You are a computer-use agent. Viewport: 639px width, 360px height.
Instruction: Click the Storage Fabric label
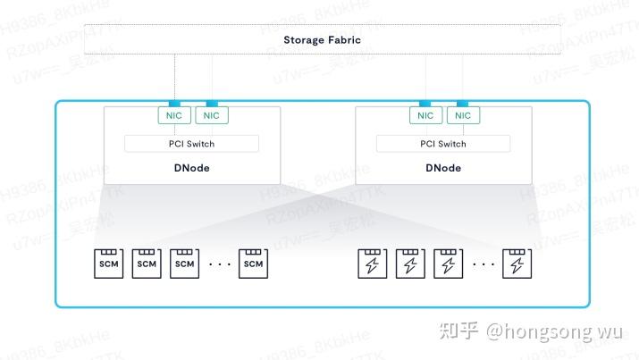[322, 40]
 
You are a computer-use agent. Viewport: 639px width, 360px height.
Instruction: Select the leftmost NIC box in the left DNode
[173, 115]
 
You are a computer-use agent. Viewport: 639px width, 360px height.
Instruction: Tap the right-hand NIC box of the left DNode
[211, 115]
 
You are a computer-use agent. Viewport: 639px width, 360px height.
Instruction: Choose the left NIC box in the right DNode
[425, 115]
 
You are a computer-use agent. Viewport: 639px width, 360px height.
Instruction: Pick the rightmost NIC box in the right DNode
[463, 115]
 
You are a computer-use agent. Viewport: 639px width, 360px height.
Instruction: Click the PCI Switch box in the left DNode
[191, 144]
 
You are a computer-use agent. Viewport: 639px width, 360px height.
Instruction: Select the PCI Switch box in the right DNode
[444, 144]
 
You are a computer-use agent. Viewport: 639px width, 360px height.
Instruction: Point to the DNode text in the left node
[191, 168]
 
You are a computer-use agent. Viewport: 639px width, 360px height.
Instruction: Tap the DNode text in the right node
[444, 168]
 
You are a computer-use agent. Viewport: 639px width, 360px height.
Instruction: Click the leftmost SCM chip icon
[109, 264]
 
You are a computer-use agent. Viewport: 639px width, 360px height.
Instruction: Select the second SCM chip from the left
[147, 264]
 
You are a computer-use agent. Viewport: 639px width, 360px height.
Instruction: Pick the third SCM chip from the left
[184, 264]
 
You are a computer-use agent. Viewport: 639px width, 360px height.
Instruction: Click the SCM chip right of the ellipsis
[254, 264]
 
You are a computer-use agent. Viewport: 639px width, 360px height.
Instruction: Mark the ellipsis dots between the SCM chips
[219, 264]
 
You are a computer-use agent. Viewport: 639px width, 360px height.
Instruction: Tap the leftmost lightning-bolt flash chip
[372, 264]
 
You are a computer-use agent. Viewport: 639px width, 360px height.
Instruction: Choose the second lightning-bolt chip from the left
[409, 264]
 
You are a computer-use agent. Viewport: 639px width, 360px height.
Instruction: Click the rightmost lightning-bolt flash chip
[516, 264]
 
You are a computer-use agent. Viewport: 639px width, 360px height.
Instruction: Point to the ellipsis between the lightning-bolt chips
[483, 264]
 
